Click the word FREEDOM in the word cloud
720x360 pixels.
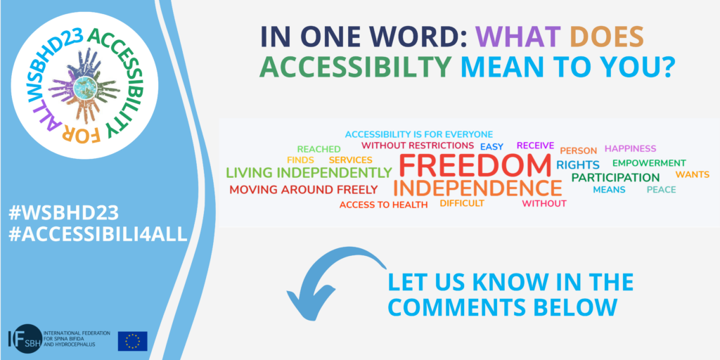[475, 165]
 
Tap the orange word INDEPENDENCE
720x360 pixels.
[477, 188]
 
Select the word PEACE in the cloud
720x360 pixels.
[661, 190]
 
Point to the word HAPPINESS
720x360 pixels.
[631, 148]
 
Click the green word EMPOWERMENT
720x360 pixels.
[649, 163]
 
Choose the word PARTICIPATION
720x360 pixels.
[615, 177]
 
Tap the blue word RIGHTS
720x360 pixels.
[578, 165]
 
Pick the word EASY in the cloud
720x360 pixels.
[491, 147]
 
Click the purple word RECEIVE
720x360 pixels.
[535, 146]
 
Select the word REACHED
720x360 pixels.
[319, 149]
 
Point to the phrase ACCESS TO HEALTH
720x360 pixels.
[383, 205]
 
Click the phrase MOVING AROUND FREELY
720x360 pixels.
[304, 190]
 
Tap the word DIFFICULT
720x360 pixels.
[462, 203]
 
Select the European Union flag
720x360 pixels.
[133, 341]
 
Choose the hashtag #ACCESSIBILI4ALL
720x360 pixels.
[98, 234]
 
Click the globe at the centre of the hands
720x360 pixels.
[84, 86]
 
